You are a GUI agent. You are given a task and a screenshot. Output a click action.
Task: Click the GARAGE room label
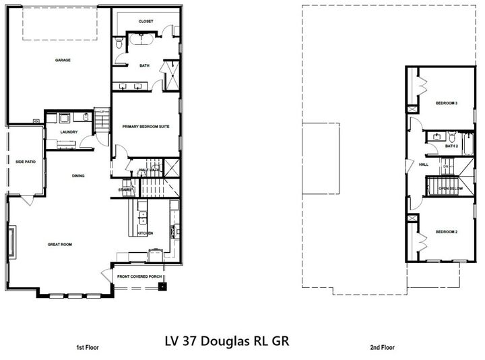(63, 60)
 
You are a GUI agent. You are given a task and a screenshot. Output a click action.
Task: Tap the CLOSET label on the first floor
(146, 22)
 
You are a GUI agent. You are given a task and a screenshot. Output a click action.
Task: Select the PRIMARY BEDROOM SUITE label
(146, 126)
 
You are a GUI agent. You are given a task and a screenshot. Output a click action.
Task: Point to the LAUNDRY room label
(69, 132)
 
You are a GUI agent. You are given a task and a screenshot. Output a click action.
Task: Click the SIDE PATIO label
(25, 161)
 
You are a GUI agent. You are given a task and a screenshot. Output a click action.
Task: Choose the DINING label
(79, 176)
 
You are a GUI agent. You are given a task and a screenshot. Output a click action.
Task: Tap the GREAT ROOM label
(59, 245)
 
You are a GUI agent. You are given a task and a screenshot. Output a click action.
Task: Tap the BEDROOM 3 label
(447, 103)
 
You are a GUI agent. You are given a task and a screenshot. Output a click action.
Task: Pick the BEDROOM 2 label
(447, 231)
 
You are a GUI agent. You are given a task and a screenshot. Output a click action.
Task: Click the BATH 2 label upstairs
(451, 146)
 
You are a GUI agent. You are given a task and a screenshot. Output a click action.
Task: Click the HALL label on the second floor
(424, 164)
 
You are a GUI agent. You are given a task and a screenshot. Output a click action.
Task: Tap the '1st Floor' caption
(88, 348)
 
